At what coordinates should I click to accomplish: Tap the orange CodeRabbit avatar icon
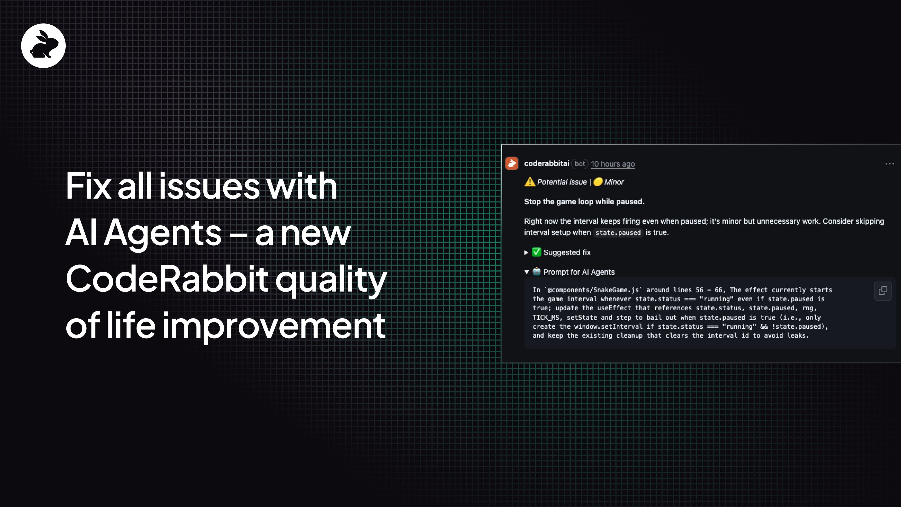point(511,163)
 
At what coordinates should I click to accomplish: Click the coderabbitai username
point(546,163)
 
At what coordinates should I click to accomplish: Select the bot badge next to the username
point(580,164)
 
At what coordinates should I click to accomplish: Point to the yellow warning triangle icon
point(530,182)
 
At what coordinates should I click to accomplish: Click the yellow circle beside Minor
point(598,182)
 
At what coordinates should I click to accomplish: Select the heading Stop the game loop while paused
point(584,202)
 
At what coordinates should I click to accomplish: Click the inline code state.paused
point(618,233)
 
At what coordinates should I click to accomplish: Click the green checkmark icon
point(536,252)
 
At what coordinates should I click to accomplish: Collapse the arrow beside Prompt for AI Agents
point(526,272)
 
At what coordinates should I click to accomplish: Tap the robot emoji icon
point(537,272)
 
